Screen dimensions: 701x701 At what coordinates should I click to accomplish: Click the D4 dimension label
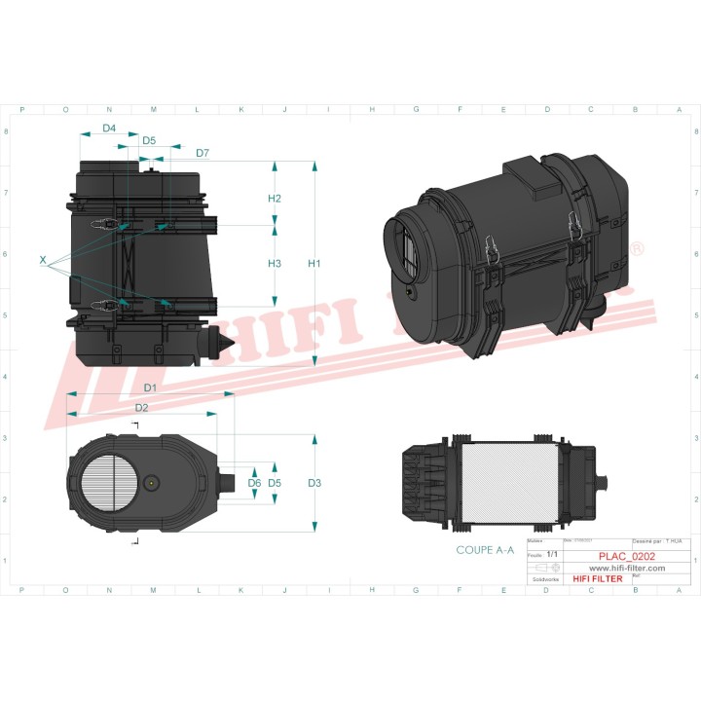pos(109,129)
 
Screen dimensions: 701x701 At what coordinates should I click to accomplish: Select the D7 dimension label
pos(203,154)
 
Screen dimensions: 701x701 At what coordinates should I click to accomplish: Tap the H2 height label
pos(275,199)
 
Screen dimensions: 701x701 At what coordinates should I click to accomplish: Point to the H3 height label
pos(275,264)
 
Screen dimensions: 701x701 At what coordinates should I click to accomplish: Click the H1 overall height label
pos(314,264)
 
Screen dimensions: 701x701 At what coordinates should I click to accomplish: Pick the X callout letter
pos(43,261)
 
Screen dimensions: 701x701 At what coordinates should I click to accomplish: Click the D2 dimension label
pos(141,407)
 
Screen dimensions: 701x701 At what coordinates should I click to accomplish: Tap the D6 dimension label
pos(254,483)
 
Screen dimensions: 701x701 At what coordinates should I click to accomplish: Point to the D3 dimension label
pos(314,483)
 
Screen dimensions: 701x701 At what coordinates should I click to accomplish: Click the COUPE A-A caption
pos(485,550)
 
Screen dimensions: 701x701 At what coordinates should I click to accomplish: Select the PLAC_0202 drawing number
pos(626,556)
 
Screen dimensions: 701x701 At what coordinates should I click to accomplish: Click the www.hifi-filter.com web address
pos(627,568)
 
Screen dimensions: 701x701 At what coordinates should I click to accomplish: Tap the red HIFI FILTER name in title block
pos(597,579)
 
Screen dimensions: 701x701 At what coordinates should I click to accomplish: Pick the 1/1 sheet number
pos(552,554)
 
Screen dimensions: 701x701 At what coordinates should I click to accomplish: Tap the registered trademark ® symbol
pos(637,250)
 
